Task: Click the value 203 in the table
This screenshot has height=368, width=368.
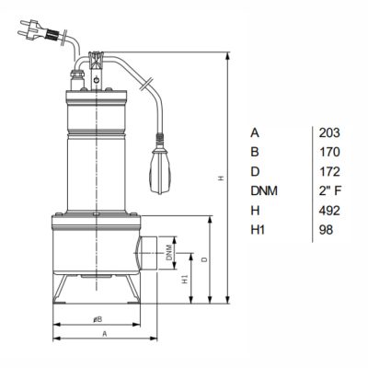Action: point(329,132)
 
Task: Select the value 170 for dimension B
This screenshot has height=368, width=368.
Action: point(329,152)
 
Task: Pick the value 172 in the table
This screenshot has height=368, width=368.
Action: point(329,172)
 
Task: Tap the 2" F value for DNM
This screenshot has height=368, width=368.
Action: point(330,191)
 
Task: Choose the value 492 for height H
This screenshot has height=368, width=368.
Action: point(329,211)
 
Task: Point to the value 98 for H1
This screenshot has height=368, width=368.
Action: point(326,230)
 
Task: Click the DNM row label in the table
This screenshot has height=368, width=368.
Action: point(264,191)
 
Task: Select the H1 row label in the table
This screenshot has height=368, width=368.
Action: point(258,230)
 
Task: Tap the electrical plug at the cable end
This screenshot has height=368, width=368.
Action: point(38,30)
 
